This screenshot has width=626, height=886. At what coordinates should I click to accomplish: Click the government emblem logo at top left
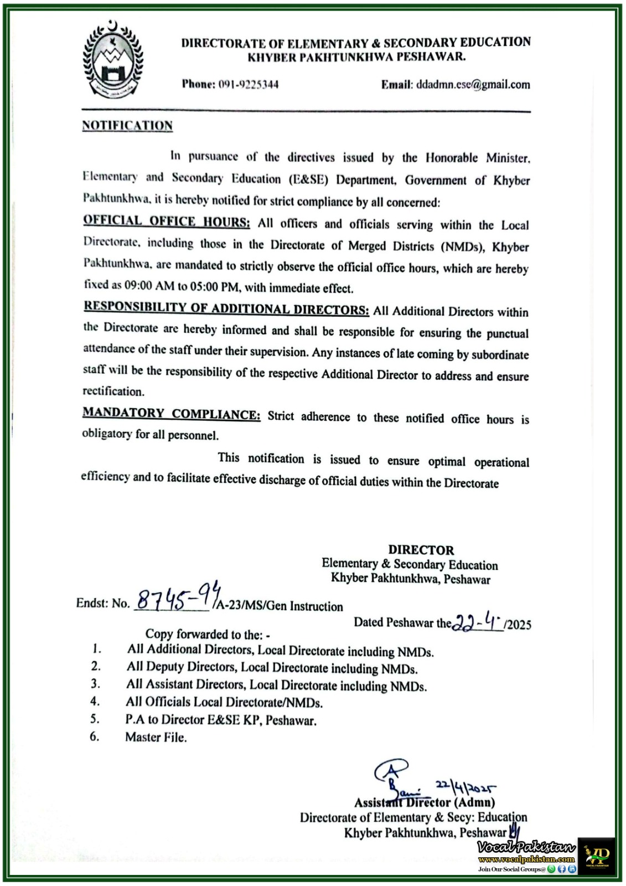[112, 60]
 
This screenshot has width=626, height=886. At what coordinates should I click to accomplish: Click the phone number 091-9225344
[248, 84]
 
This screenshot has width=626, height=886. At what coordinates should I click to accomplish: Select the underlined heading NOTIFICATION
[127, 126]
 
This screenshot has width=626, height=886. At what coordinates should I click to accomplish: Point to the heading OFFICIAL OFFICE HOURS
[167, 221]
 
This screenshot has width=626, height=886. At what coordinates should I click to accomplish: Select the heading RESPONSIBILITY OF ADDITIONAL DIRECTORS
[226, 308]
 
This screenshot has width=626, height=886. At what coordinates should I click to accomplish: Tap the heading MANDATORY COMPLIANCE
[172, 414]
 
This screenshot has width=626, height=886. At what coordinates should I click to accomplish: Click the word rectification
[113, 392]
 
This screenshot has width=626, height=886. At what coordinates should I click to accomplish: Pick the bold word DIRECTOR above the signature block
[421, 550]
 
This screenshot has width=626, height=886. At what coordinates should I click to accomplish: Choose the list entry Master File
[156, 737]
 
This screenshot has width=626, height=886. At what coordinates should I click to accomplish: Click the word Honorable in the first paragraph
[452, 158]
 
